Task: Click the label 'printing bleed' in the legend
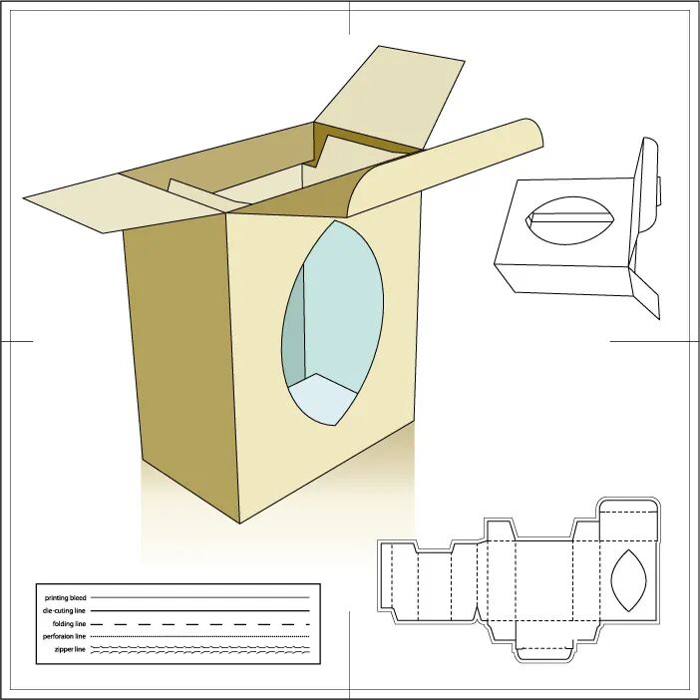click(x=66, y=597)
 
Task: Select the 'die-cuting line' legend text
click(x=64, y=609)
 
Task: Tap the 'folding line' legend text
click(x=70, y=623)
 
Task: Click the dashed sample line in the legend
click(x=199, y=623)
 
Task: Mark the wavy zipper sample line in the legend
click(x=199, y=649)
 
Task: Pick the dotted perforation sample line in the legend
click(x=199, y=636)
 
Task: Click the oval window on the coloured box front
click(x=333, y=319)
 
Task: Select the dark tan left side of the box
click(x=179, y=359)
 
